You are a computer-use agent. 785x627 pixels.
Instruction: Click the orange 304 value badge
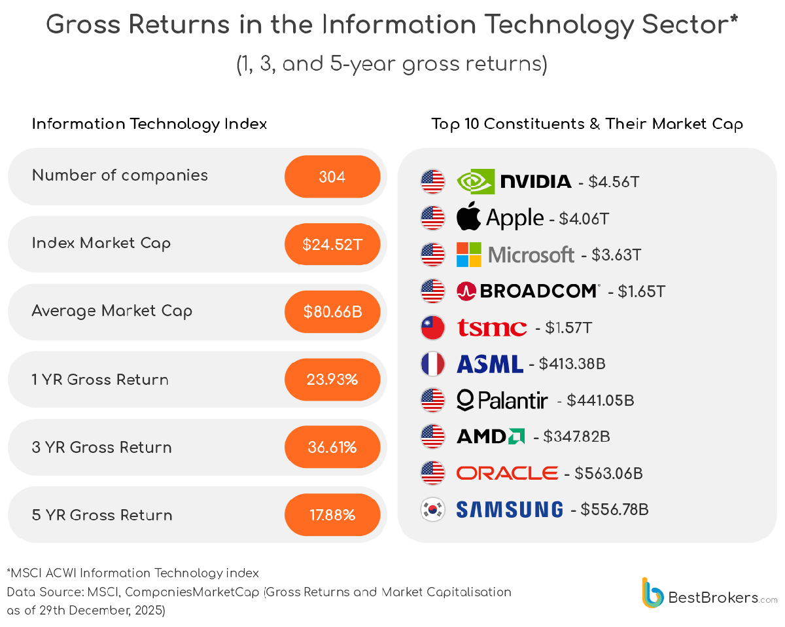(x=332, y=177)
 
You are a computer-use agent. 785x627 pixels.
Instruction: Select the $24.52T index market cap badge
(x=332, y=244)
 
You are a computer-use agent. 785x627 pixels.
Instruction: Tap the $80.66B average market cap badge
(x=332, y=312)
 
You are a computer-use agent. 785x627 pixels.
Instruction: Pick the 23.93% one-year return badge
(x=332, y=380)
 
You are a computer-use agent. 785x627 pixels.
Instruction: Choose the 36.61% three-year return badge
(x=332, y=447)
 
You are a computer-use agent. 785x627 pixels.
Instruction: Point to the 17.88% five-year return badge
(x=332, y=515)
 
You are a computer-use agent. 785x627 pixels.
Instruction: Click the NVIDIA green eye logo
(x=475, y=181)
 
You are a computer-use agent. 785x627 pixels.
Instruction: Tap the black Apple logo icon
(x=468, y=217)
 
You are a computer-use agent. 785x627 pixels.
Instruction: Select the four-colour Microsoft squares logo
(x=468, y=254)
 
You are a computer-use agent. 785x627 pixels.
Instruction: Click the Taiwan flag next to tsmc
(x=432, y=327)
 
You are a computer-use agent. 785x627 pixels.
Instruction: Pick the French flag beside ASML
(x=432, y=363)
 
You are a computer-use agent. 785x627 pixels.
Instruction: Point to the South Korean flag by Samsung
(x=432, y=509)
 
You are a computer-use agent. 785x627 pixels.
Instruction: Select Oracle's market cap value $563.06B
(x=608, y=473)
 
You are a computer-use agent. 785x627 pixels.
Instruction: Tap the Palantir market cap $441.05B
(x=601, y=400)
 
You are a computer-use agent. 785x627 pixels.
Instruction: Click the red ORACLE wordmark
(x=507, y=473)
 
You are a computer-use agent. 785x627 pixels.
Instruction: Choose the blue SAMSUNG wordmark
(x=509, y=509)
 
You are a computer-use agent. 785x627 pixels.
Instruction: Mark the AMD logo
(x=490, y=436)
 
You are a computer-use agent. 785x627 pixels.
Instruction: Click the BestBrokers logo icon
(x=653, y=592)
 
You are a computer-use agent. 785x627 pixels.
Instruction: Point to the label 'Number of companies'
(x=120, y=175)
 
